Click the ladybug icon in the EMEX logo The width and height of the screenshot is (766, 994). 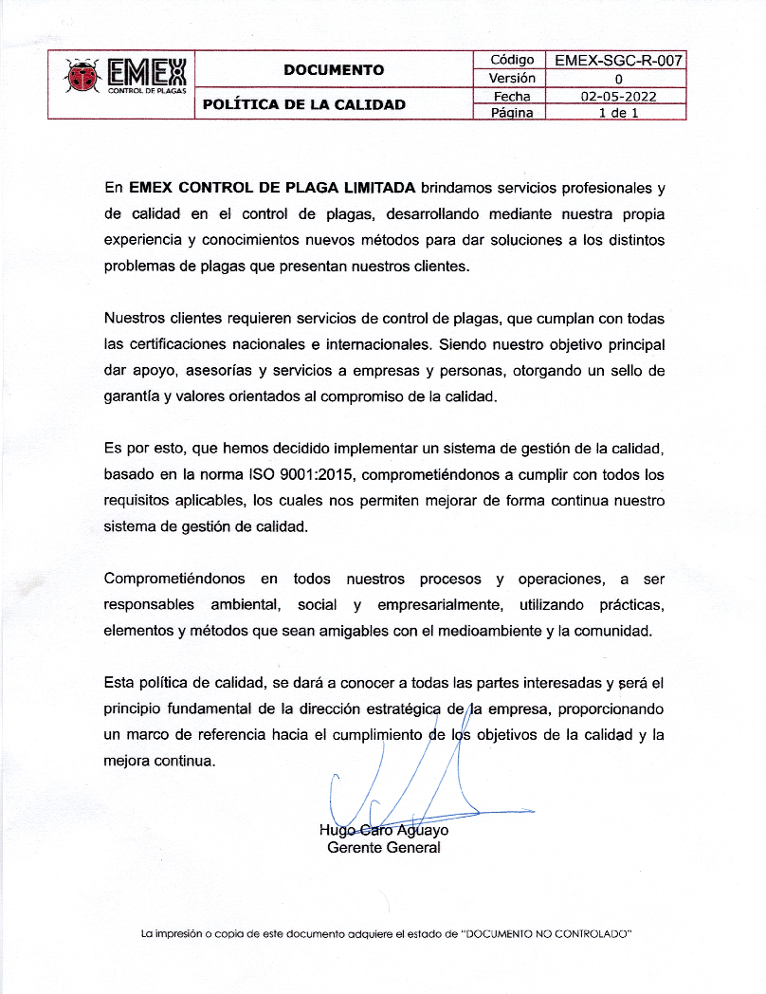click(x=82, y=75)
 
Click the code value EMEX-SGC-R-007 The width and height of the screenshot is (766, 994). click(x=618, y=61)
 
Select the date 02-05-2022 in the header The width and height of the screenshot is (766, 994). click(x=618, y=96)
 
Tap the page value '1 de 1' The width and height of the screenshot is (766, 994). click(x=618, y=113)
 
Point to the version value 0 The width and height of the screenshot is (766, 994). click(x=618, y=79)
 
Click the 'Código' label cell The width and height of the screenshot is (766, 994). click(x=512, y=61)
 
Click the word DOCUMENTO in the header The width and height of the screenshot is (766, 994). click(x=334, y=69)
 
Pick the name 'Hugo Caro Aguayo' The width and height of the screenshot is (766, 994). click(x=384, y=830)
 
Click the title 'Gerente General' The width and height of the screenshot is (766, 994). click(x=383, y=848)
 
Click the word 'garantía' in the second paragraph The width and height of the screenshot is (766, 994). click(x=132, y=397)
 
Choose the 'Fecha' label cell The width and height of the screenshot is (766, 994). click(x=512, y=96)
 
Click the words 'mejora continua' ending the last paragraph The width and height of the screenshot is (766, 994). click(x=159, y=761)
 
